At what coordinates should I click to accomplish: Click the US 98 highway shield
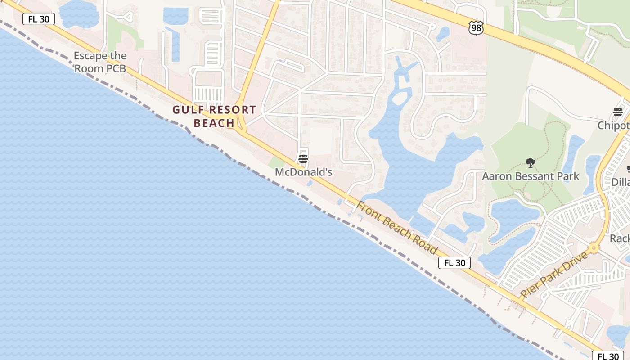[x=476, y=27]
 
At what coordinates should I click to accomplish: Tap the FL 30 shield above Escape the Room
[x=39, y=18]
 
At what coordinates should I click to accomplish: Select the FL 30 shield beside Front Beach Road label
[x=454, y=263]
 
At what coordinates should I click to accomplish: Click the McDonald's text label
[x=303, y=172]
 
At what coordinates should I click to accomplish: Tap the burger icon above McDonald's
[x=303, y=159]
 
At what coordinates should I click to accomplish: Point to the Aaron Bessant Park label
[x=531, y=176]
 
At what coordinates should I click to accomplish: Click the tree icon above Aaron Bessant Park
[x=531, y=163]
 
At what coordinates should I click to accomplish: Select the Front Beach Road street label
[x=397, y=228]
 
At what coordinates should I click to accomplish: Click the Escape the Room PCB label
[x=100, y=62]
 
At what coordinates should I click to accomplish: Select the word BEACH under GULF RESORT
[x=214, y=123]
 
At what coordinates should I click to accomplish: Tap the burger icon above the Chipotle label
[x=617, y=112]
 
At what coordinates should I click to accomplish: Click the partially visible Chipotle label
[x=614, y=126]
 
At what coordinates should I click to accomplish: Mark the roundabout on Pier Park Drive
[x=594, y=247]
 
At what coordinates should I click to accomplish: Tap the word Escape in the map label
[x=90, y=56]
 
